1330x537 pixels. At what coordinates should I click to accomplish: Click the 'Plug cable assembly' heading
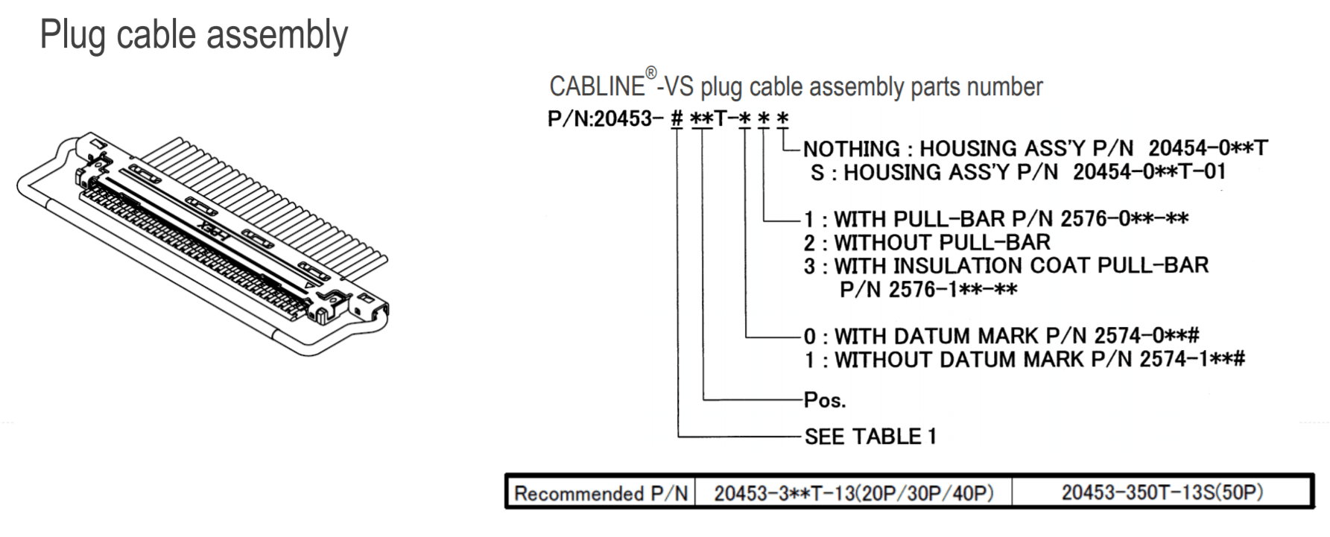[194, 36]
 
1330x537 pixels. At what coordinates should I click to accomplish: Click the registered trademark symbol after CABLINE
[651, 73]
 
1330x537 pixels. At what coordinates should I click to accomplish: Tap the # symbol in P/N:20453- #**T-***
[677, 118]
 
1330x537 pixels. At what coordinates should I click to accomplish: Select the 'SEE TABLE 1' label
[870, 436]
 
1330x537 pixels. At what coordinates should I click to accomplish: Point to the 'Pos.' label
[825, 400]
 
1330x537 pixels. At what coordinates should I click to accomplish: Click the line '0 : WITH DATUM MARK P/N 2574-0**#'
[1001, 336]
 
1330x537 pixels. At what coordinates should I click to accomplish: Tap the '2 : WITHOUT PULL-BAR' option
[927, 242]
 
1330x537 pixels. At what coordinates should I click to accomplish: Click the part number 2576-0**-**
[1124, 218]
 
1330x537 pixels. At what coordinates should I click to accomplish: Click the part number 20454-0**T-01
[1150, 172]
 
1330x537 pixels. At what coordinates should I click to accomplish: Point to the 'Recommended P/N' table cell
[601, 493]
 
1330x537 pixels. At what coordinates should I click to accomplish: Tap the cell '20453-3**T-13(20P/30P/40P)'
[854, 493]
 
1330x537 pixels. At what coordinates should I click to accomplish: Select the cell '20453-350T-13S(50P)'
[1162, 492]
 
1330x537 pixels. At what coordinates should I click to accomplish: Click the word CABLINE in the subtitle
[597, 86]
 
